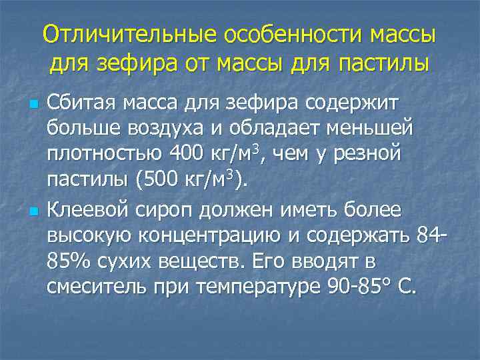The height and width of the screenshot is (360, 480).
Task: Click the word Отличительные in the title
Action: click(x=131, y=33)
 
